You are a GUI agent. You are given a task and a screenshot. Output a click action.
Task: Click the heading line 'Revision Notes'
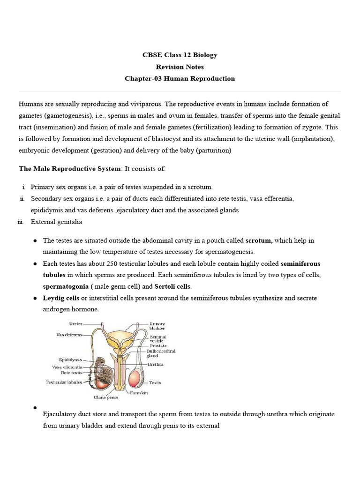click(180, 67)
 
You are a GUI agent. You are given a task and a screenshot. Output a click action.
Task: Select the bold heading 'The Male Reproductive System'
click(70, 168)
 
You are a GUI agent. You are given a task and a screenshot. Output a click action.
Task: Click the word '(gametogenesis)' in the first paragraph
click(67, 115)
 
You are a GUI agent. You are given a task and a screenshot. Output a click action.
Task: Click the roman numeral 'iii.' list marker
click(20, 222)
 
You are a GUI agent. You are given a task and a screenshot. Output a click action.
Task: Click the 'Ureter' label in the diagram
click(75, 323)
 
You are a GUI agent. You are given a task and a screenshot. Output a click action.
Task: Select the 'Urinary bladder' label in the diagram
click(157, 326)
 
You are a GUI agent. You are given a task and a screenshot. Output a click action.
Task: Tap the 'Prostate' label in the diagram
click(158, 345)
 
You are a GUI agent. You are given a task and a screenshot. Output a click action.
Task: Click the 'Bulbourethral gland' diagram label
click(161, 353)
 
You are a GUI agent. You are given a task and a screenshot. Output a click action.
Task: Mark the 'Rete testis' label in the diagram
click(72, 373)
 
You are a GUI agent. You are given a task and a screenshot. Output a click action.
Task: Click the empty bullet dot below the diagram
click(36, 408)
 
